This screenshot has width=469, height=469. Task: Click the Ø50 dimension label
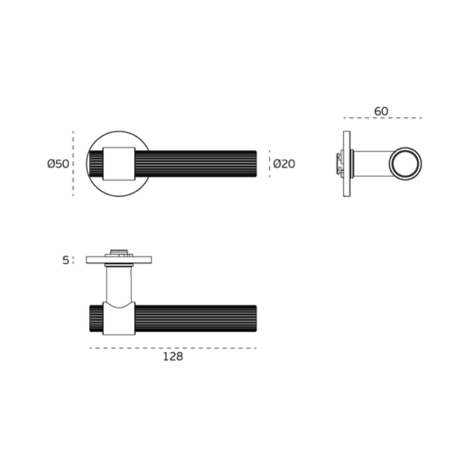[x=58, y=164]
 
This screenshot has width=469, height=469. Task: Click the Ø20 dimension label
[x=284, y=164]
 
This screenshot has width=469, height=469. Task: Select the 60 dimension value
[x=381, y=111]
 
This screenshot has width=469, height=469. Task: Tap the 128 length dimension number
[x=173, y=357]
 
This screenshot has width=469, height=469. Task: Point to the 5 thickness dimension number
[x=66, y=260]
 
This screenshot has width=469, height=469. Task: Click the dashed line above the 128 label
[x=173, y=348]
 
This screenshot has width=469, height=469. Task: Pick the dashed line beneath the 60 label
[x=381, y=118]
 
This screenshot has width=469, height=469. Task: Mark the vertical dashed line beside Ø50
[x=73, y=164]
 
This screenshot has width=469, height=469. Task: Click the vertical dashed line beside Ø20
[x=269, y=164]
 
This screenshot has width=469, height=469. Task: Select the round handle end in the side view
[x=407, y=164]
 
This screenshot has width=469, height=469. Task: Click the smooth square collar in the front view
[x=119, y=164]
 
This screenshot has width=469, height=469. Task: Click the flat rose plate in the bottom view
[x=119, y=260]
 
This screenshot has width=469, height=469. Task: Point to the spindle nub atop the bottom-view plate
[x=119, y=253]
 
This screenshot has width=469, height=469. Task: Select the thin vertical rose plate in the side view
[x=346, y=164]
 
